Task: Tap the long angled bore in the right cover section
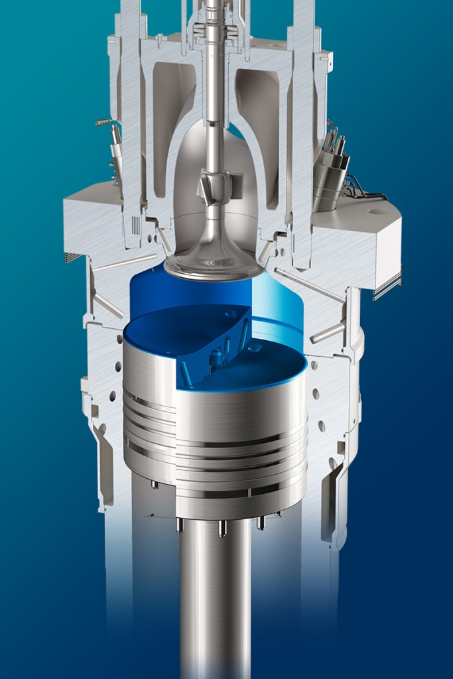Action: (x=309, y=284)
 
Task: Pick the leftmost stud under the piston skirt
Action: (x=155, y=485)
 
